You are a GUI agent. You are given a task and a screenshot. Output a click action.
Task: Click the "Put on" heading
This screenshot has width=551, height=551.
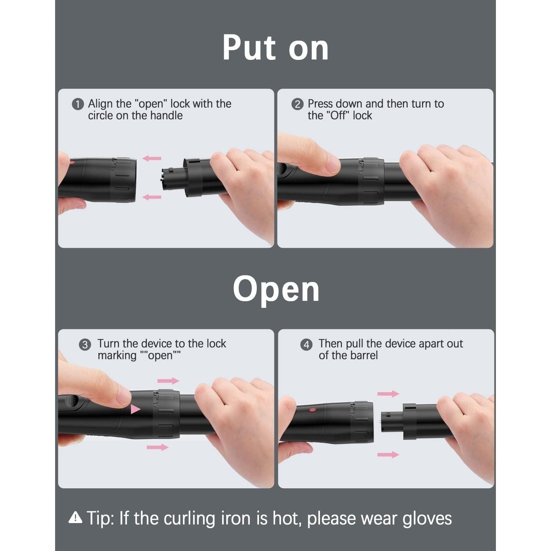coord(275,48)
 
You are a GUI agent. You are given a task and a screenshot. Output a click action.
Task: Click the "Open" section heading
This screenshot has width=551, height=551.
coord(276,290)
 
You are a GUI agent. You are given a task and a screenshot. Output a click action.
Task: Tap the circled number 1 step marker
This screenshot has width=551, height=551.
coord(78,104)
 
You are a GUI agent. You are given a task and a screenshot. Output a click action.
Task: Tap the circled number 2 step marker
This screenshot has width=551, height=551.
coord(297,104)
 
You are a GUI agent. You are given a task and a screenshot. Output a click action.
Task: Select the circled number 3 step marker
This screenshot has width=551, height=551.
coord(85,345)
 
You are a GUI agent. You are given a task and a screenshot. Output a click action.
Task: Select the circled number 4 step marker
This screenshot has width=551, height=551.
coord(306,345)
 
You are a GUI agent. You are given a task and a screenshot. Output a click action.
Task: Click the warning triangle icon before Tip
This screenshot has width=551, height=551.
coord(75,518)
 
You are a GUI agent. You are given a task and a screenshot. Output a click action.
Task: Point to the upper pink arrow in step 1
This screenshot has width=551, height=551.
coord(152,158)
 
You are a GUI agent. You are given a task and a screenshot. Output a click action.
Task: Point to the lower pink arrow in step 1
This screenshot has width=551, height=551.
coord(152,197)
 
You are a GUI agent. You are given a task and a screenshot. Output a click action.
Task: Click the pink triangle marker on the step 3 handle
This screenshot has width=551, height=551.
coord(135,409)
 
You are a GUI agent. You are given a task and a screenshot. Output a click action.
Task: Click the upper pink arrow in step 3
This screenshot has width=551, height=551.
coord(168,381)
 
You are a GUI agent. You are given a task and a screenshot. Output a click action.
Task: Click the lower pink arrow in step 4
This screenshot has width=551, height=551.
coord(388,455)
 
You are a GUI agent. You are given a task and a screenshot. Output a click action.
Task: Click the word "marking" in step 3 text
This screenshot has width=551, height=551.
coord(117,356)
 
